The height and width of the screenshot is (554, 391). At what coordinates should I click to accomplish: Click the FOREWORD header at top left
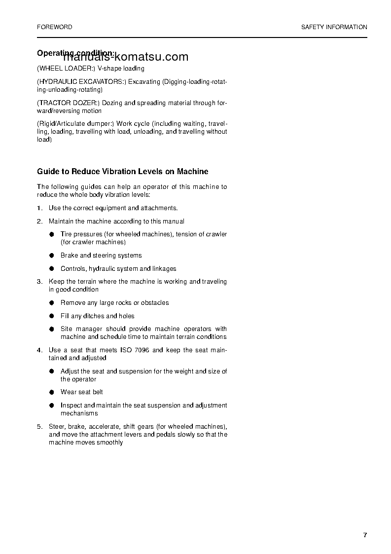(x=54, y=27)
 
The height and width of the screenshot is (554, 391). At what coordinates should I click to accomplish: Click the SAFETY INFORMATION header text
(x=334, y=27)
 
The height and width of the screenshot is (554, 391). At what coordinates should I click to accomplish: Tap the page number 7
(x=365, y=535)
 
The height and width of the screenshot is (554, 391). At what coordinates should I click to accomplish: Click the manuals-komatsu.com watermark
(x=126, y=57)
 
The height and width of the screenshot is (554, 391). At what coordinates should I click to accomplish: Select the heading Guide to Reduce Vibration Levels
(x=122, y=172)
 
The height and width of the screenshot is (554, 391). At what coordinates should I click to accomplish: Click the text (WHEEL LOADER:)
(x=66, y=69)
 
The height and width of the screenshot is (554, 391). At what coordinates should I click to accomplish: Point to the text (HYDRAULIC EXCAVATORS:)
(x=81, y=82)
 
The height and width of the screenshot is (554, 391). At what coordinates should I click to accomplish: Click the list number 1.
(x=39, y=208)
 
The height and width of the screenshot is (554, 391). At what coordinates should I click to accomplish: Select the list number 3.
(x=39, y=282)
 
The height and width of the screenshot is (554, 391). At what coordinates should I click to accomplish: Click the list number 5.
(x=39, y=427)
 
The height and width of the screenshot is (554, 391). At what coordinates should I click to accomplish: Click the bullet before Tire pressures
(x=51, y=234)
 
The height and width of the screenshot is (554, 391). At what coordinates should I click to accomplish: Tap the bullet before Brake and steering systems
(x=51, y=256)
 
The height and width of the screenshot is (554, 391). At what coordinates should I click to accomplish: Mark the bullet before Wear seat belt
(x=51, y=392)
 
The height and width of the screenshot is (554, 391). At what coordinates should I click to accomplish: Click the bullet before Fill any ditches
(x=51, y=316)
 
